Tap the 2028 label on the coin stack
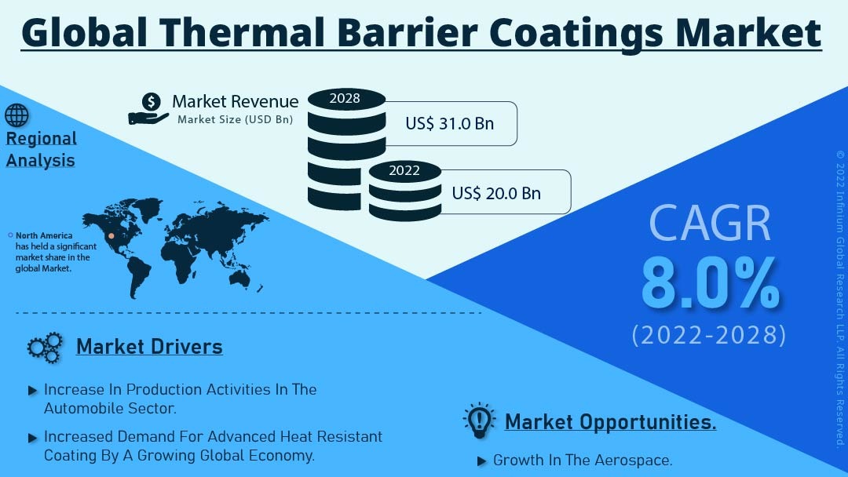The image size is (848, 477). coord(345,98)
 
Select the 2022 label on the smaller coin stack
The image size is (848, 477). coord(404,171)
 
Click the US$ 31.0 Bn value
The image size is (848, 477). coord(449,124)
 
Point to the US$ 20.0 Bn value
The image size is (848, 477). coord(496,194)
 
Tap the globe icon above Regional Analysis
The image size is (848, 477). coord(16,115)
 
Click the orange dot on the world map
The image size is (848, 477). coord(111,235)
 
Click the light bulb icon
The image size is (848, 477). coord(479,421)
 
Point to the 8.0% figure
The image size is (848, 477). coord(710,283)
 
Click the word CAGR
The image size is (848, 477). coord(710,223)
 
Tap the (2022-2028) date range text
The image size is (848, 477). coord(709,335)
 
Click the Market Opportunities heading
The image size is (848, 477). coord(611,422)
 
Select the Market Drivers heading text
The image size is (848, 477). coord(149,347)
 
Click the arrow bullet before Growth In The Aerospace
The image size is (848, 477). coord(481,461)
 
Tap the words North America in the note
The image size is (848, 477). coord(44,235)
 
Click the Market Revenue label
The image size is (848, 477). coord(236,101)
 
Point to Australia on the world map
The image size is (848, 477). coord(239,277)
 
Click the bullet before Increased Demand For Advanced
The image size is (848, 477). coord(32,438)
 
